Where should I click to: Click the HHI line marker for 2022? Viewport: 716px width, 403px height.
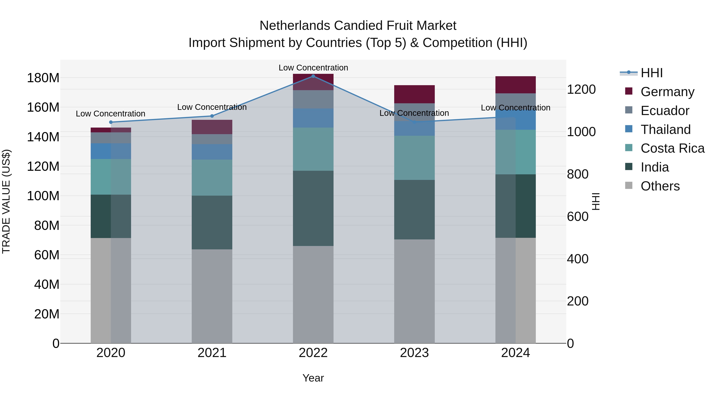point(313,76)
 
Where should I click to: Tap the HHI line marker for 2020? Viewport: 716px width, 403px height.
point(111,122)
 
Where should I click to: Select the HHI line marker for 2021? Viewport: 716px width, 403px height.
point(212,116)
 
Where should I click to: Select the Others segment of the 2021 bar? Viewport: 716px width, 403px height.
point(212,296)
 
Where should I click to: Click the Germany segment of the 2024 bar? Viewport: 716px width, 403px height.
point(515,85)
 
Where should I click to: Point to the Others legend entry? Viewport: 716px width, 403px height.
point(660,186)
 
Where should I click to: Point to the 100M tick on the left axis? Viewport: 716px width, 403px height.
point(43,196)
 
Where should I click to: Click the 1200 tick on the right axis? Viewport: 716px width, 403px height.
point(581,90)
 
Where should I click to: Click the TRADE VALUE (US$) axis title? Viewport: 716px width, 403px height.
point(6,201)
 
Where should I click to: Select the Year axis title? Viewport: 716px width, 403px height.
point(313,378)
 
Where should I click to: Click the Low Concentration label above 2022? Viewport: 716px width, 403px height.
point(313,68)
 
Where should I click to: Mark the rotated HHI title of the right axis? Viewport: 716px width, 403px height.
point(596,201)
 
